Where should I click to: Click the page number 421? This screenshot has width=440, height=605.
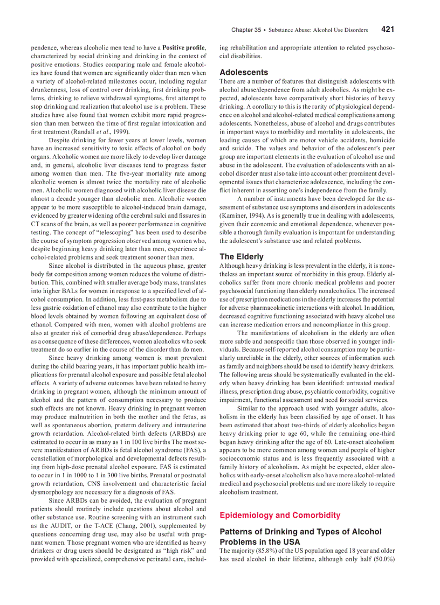388,29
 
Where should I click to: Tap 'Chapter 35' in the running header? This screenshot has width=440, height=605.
246,30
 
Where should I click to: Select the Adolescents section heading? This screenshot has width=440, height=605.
243,72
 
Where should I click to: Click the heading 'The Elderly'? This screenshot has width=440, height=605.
241,256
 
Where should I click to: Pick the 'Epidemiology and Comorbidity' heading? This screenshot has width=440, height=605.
280,515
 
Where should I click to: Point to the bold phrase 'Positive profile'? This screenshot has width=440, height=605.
183,48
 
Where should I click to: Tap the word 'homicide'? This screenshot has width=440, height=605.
380,140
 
